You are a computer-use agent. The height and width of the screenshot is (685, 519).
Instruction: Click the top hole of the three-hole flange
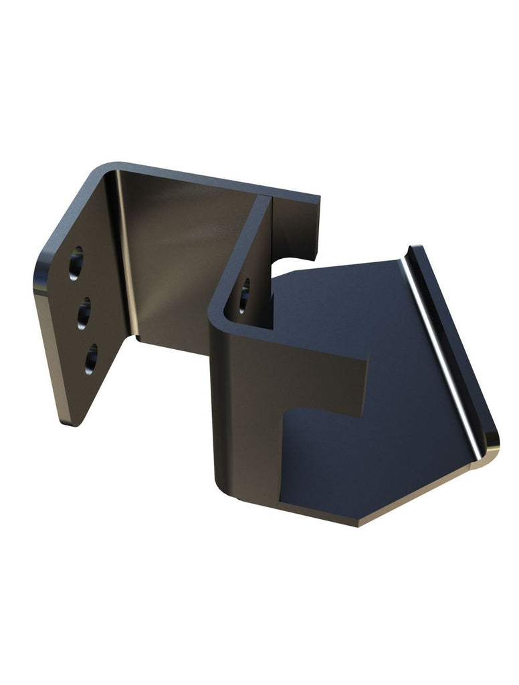coord(76,263)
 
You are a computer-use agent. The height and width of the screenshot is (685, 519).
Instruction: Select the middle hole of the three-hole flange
coord(84,312)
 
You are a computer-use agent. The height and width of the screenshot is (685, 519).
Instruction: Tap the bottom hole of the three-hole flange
coord(91,358)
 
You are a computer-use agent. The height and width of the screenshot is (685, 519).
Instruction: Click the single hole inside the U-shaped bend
coord(244,295)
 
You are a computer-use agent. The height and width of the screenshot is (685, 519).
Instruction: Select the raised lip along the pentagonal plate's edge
coord(455,341)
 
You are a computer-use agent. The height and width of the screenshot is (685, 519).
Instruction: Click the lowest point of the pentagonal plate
coord(358,523)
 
